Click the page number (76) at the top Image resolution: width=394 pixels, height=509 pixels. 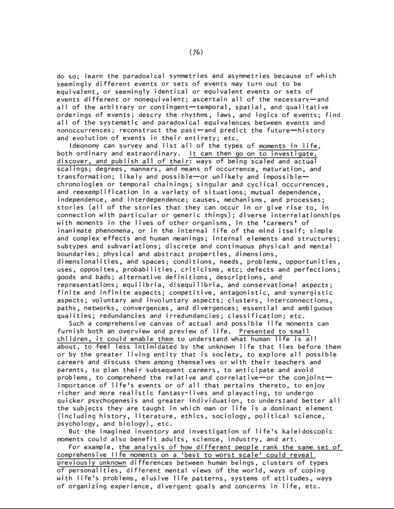click(197, 52)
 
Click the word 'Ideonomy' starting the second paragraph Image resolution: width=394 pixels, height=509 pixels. click(89, 145)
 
